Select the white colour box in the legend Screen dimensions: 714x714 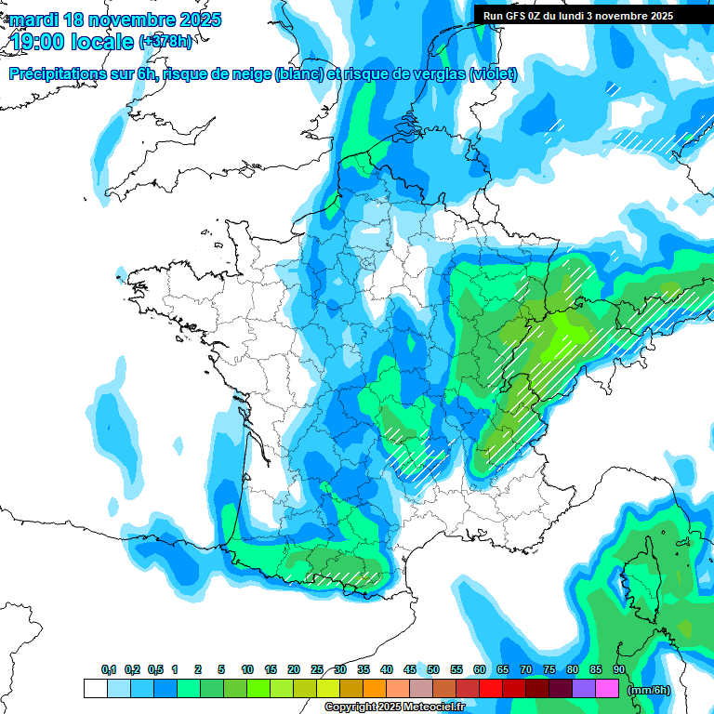[x=95, y=689]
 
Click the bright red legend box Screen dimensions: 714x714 [x=491, y=689]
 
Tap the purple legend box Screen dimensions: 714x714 [x=584, y=689]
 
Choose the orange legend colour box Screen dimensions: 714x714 [x=375, y=689]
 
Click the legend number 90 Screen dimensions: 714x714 [x=619, y=669]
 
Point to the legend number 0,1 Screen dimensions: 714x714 [x=109, y=669]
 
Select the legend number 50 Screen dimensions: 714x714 [x=433, y=669]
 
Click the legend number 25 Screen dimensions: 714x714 [x=317, y=669]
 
